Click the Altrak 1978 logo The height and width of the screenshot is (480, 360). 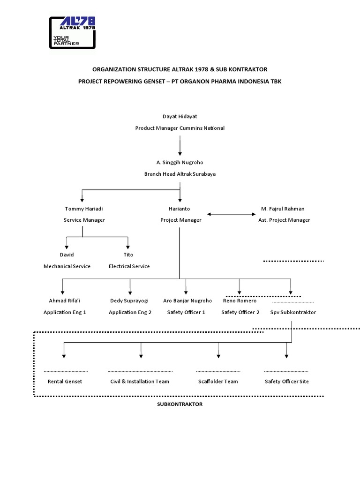tap(73, 32)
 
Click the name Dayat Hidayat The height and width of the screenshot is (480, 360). tap(180, 116)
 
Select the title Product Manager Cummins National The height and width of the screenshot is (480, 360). tap(180, 128)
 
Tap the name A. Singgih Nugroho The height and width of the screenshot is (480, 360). tap(180, 162)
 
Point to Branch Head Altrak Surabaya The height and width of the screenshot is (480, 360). tap(180, 174)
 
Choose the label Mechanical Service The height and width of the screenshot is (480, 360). tap(67, 266)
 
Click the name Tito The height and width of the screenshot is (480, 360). tap(128, 255)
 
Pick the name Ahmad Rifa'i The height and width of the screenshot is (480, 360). tap(65, 300)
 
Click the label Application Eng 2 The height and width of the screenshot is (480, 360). tap(130, 312)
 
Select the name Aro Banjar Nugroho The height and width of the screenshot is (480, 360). tap(187, 300)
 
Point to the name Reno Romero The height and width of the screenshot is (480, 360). tap(240, 300)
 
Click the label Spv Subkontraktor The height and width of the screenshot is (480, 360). tap(293, 312)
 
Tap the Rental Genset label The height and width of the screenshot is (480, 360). tap(65, 382)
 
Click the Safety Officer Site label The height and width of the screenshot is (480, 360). tap(286, 382)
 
